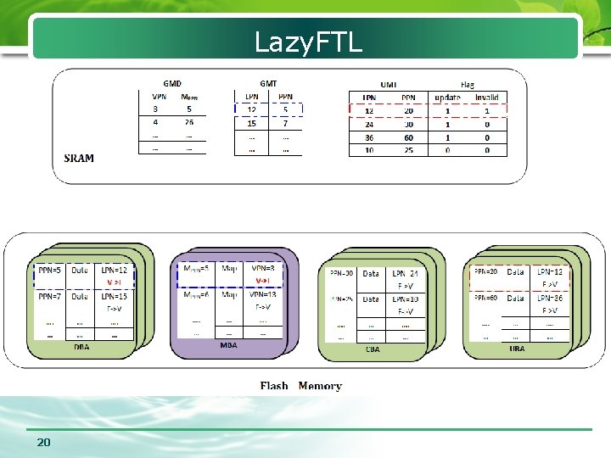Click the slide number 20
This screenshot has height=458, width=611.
(43, 443)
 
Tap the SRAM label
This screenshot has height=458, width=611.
(79, 158)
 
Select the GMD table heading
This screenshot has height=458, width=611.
(172, 83)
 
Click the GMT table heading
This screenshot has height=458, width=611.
(268, 83)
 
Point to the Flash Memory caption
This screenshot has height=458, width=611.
(300, 386)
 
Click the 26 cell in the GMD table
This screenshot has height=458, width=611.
(188, 122)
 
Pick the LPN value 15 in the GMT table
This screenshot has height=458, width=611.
(252, 124)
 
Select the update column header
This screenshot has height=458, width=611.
(447, 97)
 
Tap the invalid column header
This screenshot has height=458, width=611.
(486, 97)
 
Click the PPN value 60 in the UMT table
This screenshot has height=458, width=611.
(409, 137)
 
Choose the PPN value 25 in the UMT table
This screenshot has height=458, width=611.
(409, 150)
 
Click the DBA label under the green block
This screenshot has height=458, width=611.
(82, 346)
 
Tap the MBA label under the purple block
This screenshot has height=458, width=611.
(228, 345)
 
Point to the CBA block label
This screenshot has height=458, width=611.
(373, 348)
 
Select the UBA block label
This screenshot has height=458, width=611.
(517, 348)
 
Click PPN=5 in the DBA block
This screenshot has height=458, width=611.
(50, 271)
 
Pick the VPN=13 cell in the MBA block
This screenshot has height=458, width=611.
(263, 294)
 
